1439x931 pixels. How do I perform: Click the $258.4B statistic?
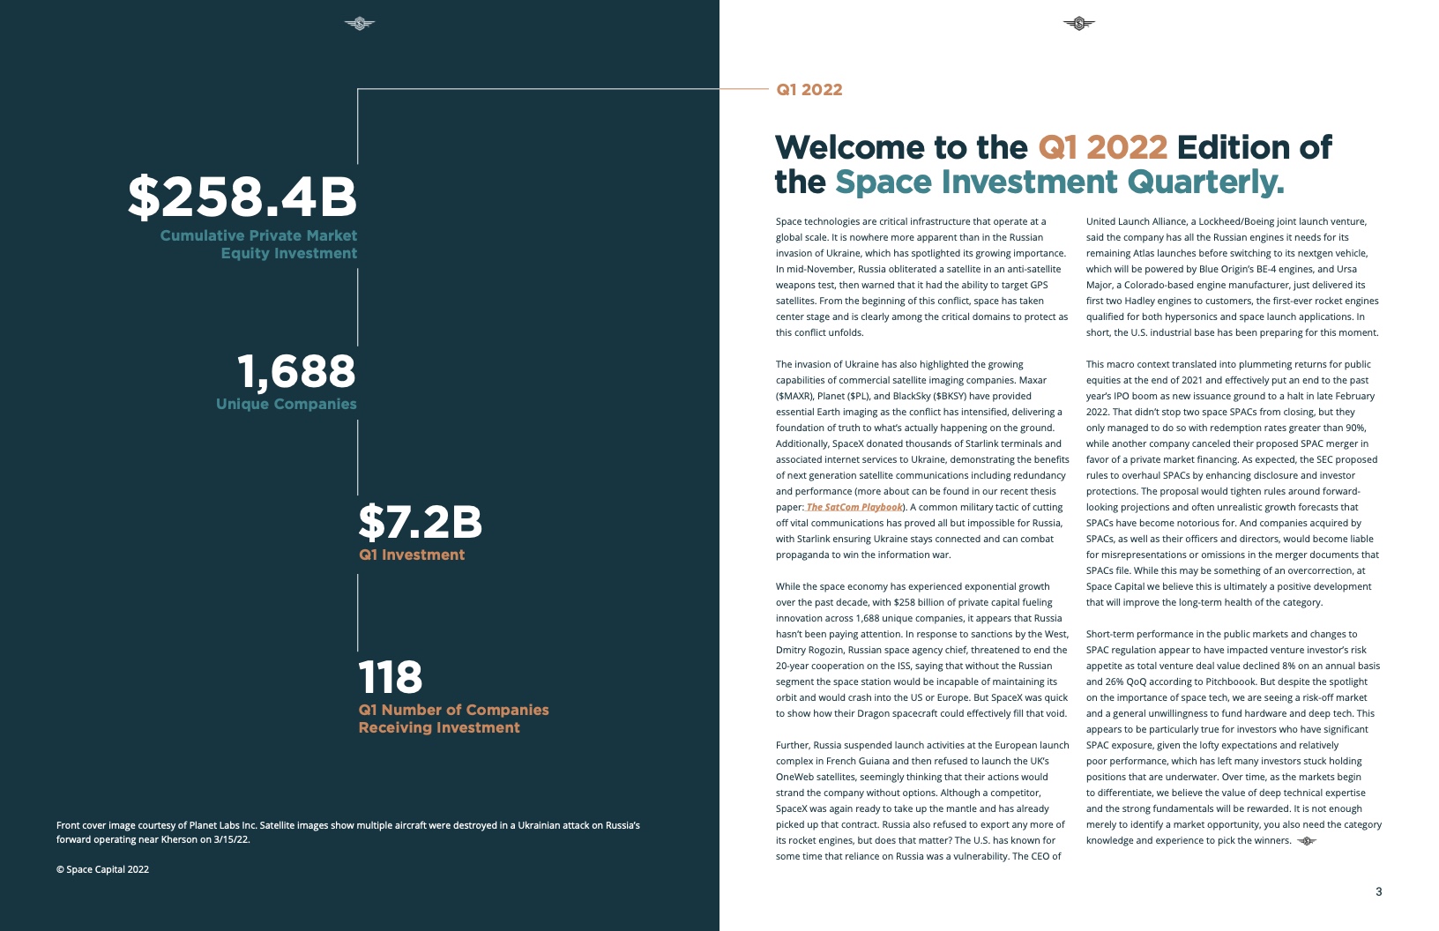(x=242, y=197)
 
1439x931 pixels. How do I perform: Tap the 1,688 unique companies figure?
(x=296, y=371)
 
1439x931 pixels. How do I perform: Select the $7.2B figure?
(x=420, y=522)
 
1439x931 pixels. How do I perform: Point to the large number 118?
(x=391, y=677)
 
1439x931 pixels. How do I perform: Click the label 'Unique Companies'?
(x=287, y=404)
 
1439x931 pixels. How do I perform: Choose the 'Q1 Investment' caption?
(x=412, y=555)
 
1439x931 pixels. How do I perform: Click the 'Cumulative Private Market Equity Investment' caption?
(x=258, y=244)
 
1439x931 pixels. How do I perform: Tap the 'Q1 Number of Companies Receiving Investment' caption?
(x=453, y=719)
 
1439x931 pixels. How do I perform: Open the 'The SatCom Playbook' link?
(x=854, y=507)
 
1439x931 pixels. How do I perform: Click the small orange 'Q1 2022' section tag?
(x=809, y=90)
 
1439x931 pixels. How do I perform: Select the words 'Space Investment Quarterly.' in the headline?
(x=1059, y=182)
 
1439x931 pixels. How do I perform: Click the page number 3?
(x=1379, y=891)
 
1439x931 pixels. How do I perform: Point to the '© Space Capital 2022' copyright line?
(x=102, y=869)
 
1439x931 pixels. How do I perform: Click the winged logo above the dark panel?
(x=359, y=24)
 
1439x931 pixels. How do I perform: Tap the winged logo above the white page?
(x=1078, y=24)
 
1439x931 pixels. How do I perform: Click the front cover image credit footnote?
(x=347, y=832)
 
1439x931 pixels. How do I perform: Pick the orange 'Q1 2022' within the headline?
(x=1102, y=147)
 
